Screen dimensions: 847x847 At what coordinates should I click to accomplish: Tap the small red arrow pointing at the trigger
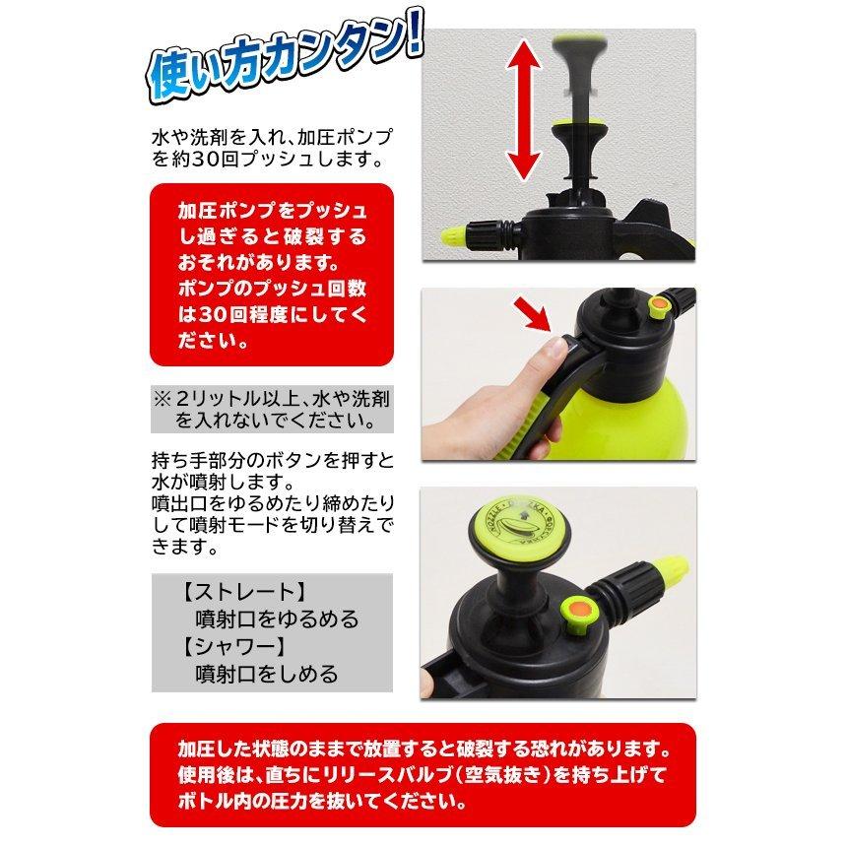tap(535, 317)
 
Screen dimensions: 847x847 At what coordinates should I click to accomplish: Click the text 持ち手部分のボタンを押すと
tap(259, 461)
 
